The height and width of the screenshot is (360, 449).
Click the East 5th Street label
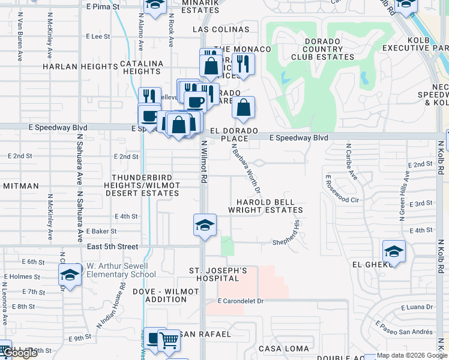(x=113, y=247)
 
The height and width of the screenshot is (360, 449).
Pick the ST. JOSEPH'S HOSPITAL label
(x=218, y=275)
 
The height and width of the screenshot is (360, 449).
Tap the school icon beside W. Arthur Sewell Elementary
(x=70, y=275)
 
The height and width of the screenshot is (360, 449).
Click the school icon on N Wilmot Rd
(x=205, y=225)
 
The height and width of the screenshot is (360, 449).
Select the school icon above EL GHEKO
(x=394, y=250)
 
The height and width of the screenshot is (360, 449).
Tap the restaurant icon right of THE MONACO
(x=243, y=64)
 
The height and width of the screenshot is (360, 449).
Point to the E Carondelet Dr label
(x=241, y=301)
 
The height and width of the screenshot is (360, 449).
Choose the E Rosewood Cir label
(x=342, y=191)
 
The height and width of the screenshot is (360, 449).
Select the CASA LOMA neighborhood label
(x=284, y=349)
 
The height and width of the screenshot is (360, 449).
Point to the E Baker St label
(x=101, y=231)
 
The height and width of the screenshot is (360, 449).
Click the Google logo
(x=20, y=353)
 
